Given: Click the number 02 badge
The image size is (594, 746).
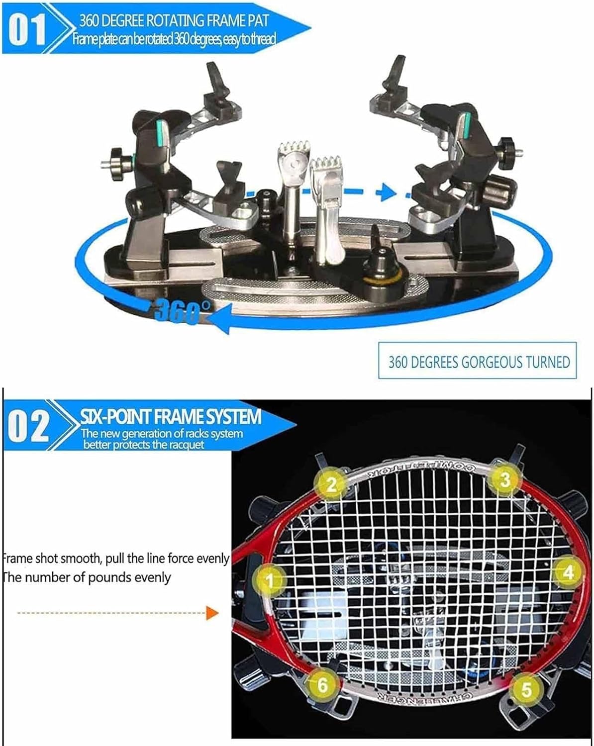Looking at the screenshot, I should [x=29, y=426].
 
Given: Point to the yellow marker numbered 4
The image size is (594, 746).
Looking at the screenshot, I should [x=568, y=572].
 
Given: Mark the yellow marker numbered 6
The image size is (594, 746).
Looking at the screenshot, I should [x=322, y=685].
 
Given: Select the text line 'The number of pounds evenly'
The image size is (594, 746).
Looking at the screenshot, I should [x=87, y=577].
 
